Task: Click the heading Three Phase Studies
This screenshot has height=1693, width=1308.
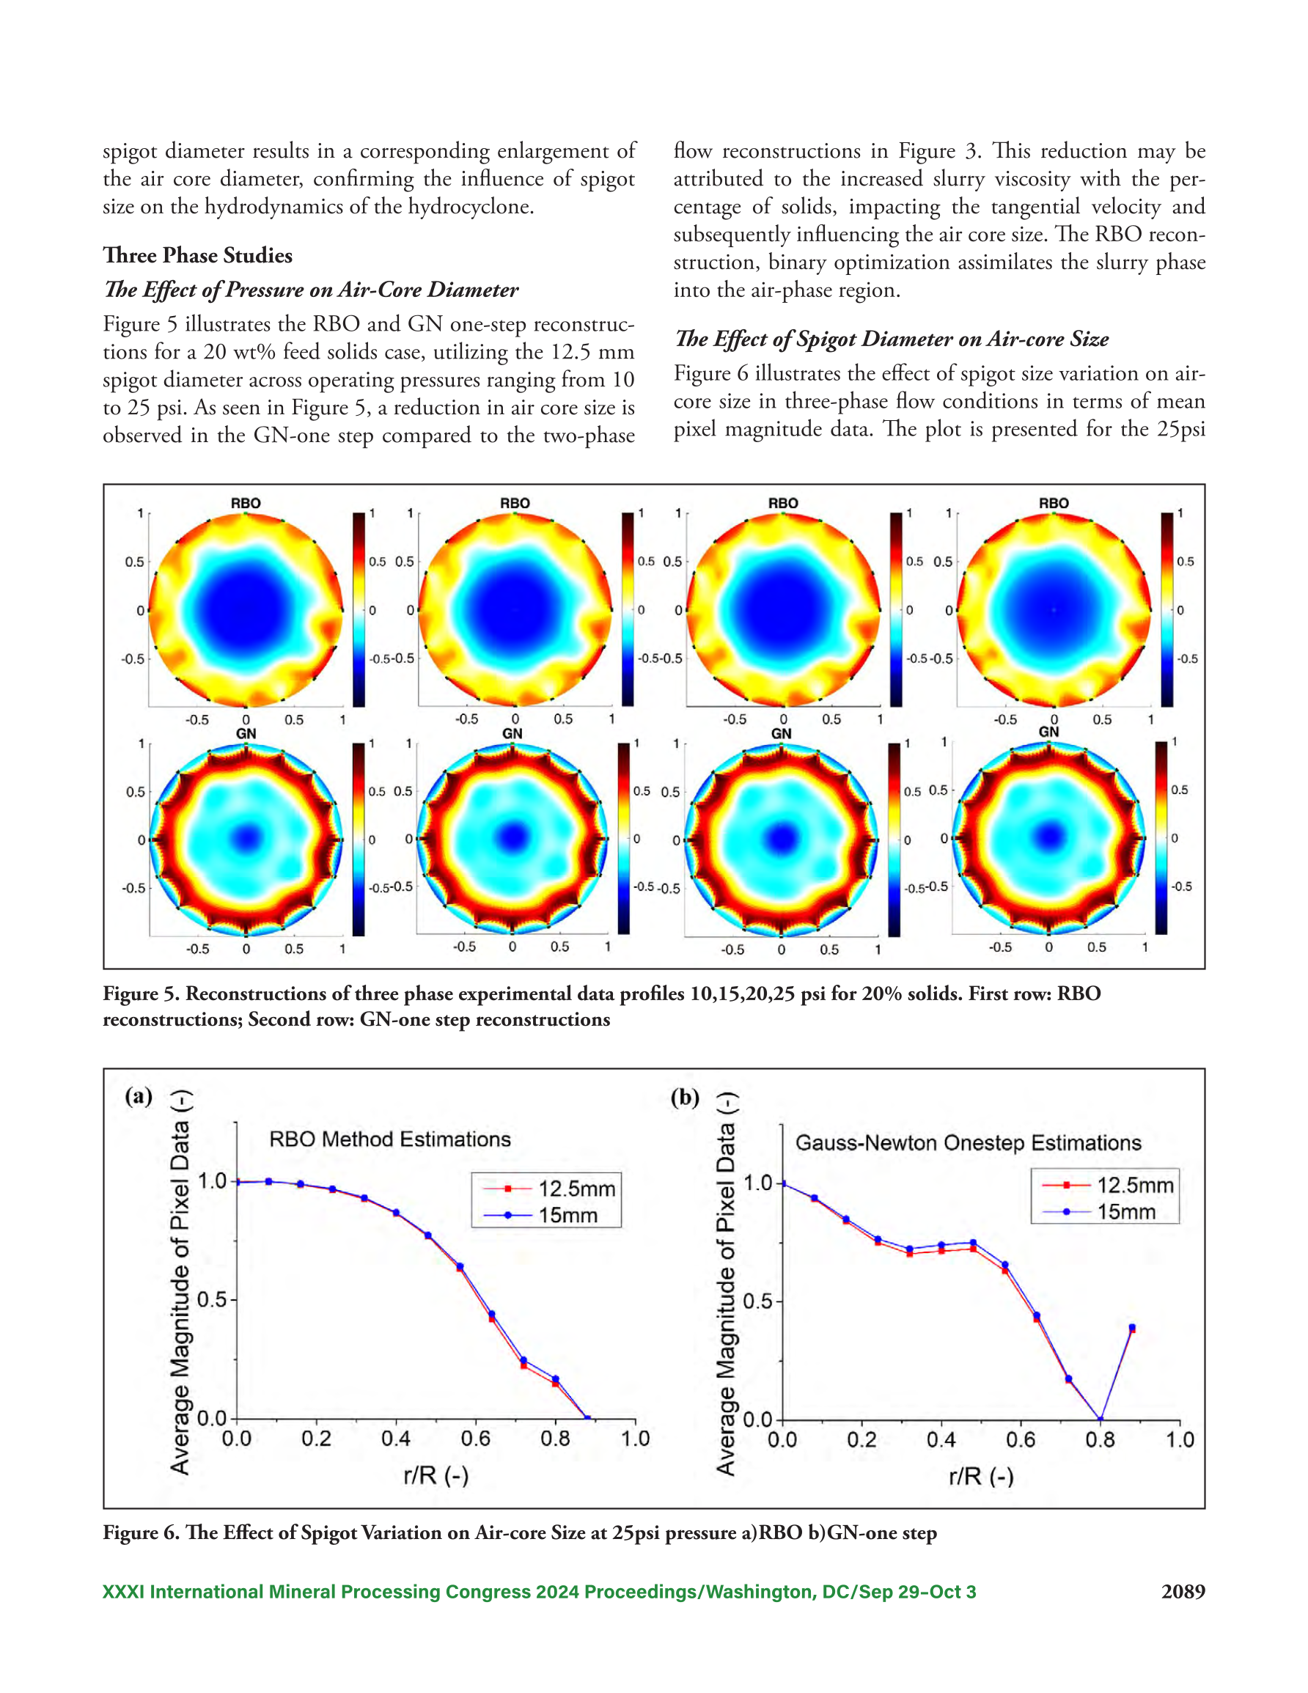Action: (x=198, y=256)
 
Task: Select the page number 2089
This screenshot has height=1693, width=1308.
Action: (x=1183, y=1592)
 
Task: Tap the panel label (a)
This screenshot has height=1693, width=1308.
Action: (x=139, y=1096)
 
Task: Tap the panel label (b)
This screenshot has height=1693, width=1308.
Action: (x=685, y=1098)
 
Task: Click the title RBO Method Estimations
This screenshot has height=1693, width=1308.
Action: (x=390, y=1139)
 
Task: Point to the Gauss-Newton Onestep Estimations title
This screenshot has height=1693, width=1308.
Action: (x=969, y=1143)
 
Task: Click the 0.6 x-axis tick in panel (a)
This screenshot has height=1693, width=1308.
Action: (x=475, y=1439)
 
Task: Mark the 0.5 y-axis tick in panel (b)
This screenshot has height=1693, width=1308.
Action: (x=757, y=1301)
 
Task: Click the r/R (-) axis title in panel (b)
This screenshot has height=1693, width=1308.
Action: (x=981, y=1477)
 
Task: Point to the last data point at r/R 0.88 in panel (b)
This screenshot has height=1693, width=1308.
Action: (x=1132, y=1328)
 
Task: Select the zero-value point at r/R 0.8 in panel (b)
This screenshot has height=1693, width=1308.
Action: (x=1101, y=1420)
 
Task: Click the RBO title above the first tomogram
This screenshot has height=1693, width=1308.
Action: (x=246, y=503)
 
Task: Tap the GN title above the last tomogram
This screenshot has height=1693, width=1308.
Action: (x=1048, y=732)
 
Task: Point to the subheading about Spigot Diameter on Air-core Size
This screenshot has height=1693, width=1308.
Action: (x=892, y=339)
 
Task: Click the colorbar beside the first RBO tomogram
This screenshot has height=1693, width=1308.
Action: (x=359, y=610)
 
